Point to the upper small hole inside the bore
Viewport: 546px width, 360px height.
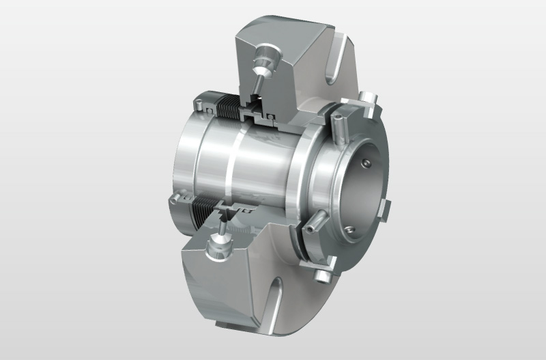[367, 162]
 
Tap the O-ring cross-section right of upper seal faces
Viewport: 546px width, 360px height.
[272, 117]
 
